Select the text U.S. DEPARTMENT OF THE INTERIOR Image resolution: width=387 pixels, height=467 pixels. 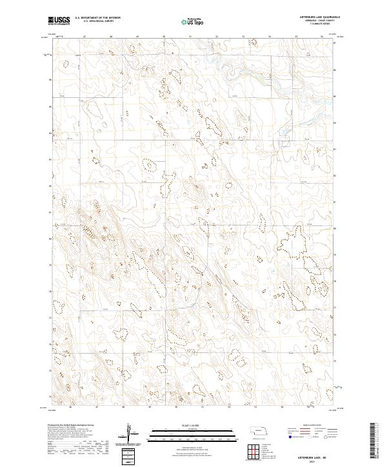pyautogui.click(x=97, y=18)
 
